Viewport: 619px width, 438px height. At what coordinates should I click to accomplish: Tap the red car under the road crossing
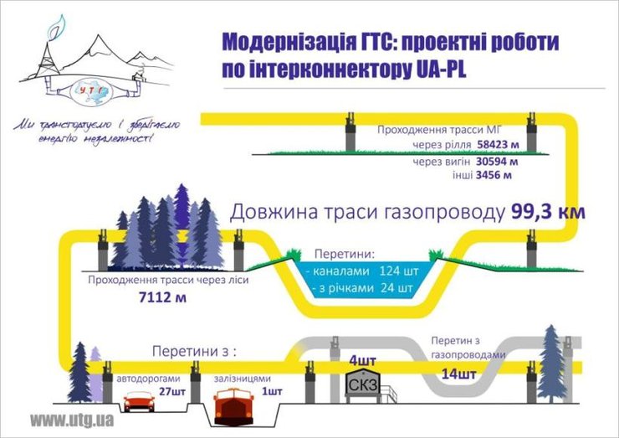click(138, 402)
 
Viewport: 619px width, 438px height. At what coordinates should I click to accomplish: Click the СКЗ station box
click(367, 384)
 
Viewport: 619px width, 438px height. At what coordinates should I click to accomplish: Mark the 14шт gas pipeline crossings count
click(459, 374)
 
